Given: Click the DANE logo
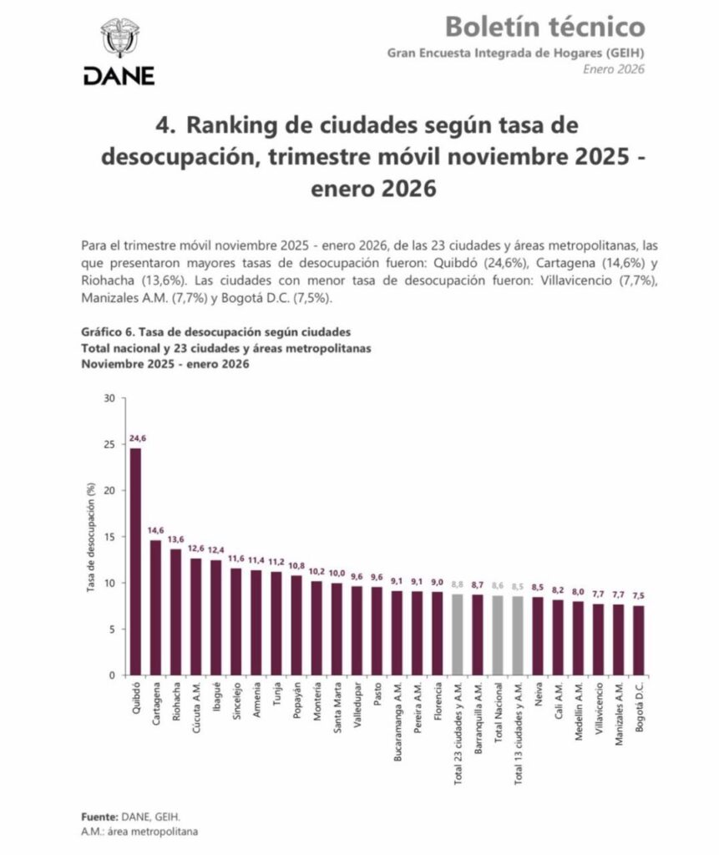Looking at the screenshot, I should coord(119,52).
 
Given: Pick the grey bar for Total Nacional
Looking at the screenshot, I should coord(498,635).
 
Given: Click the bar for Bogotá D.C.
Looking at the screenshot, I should coord(639,640).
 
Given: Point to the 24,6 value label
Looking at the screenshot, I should coord(136,438).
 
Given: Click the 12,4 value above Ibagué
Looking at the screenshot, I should coord(215,549).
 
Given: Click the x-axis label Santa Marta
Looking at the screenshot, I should coord(337,709).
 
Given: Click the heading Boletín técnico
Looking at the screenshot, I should coord(544,27).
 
